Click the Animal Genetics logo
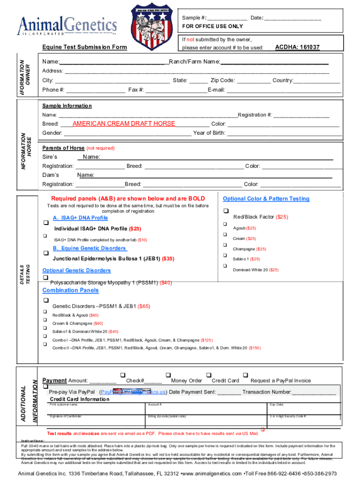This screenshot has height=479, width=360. click(67, 25)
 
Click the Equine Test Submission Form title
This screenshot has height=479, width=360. click(85, 47)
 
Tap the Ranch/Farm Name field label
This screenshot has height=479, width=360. click(194, 62)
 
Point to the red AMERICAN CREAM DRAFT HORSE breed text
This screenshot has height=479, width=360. click(124, 123)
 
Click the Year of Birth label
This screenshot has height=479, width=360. click(209, 133)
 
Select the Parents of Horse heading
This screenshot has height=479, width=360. click(63, 148)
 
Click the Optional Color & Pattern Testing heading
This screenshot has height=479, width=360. click(266, 199)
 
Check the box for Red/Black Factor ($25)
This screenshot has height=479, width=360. click(225, 210)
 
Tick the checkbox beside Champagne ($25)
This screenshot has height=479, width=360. click(225, 245)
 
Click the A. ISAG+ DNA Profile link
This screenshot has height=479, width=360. click(80, 218)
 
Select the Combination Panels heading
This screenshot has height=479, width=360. click(71, 290)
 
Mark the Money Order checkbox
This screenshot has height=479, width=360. click(167, 375)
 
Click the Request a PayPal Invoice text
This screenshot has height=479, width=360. click(281, 381)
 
